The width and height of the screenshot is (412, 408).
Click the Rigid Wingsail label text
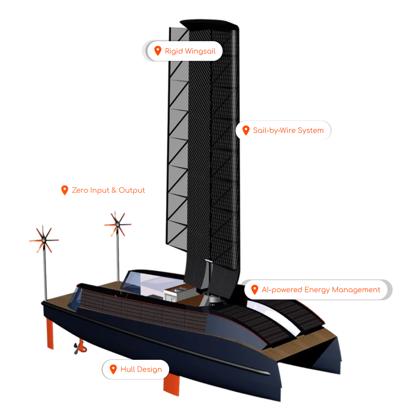coord(190,51)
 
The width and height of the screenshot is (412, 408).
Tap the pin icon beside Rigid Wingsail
coord(158,51)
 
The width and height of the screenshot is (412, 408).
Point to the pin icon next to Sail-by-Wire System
coord(245,130)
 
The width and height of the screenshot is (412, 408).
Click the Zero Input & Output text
coord(108,190)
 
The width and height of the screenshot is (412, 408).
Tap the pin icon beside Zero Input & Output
coord(65,190)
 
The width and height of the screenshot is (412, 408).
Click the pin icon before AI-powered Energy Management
coord(254,289)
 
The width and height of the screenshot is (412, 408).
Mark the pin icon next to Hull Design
coord(113,369)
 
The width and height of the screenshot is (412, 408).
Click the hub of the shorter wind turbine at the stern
coord(44,240)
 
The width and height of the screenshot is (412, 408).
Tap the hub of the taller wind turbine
coord(117,225)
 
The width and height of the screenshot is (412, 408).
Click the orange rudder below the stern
coord(50,333)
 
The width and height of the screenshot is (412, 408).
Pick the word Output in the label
coord(131,190)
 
